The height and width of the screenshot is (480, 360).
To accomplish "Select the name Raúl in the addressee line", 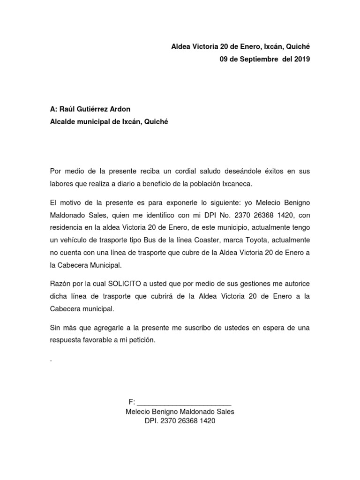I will [66, 109].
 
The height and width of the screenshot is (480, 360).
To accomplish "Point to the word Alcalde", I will [63, 122].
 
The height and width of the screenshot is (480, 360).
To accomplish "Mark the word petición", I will [141, 340].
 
